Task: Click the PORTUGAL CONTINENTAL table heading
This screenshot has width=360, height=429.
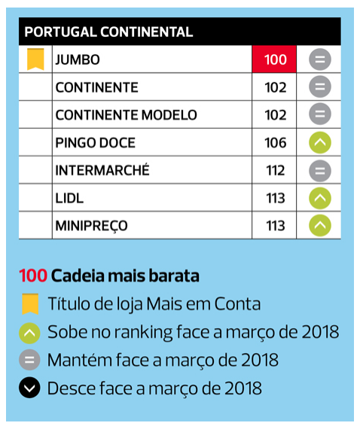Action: (108, 32)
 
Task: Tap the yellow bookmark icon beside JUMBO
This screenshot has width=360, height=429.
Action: (35, 59)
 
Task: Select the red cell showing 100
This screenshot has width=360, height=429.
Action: (274, 59)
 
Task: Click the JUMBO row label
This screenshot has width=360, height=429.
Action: (78, 59)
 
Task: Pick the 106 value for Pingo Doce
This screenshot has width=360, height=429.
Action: (276, 142)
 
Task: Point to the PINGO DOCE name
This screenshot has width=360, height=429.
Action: (95, 142)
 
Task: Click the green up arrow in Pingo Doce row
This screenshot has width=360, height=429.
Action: (320, 142)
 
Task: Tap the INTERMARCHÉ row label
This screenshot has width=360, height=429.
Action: (102, 170)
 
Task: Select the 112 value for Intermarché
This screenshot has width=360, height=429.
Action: (276, 170)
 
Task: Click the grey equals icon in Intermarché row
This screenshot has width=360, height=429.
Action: (320, 171)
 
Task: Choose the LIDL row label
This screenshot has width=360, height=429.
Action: (69, 198)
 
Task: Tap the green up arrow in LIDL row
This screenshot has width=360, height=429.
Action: (320, 198)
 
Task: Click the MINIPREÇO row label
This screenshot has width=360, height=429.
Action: (91, 227)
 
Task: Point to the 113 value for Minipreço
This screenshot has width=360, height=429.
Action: (276, 226)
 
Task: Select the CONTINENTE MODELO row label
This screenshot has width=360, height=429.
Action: (127, 115)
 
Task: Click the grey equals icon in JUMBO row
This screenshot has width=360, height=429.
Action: (320, 59)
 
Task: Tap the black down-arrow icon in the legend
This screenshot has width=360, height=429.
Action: (29, 388)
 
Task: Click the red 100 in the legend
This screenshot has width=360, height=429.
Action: (33, 275)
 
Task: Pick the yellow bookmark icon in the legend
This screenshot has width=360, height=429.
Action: (30, 304)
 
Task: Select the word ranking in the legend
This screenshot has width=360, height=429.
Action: (143, 333)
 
